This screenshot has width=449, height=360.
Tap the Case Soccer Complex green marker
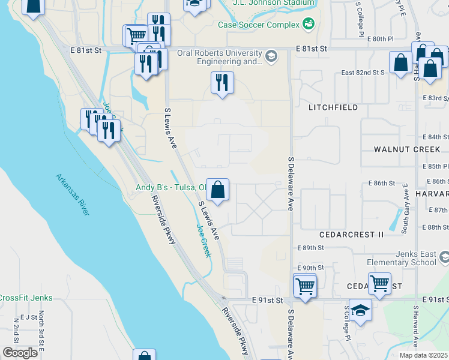point(309,25)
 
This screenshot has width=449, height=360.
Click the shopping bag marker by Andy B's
point(218,190)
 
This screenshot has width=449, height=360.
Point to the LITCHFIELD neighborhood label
point(333,107)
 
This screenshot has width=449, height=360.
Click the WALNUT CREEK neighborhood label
point(407,149)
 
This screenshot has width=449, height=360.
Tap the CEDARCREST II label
point(351,235)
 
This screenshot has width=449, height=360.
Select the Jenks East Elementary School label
point(402,258)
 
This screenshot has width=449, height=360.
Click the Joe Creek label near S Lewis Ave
point(204,241)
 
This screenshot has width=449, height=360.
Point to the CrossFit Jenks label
point(26,298)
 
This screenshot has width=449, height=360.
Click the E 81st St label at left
point(86,51)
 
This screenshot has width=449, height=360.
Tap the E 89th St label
point(310,248)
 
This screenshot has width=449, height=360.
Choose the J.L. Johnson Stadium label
point(274,3)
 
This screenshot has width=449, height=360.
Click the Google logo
point(20,353)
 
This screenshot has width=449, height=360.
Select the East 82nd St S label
point(363,73)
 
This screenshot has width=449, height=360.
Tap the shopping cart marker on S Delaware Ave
point(305,285)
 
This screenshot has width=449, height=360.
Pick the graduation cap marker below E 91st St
point(360,310)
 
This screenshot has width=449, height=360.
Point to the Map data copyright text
point(424,355)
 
